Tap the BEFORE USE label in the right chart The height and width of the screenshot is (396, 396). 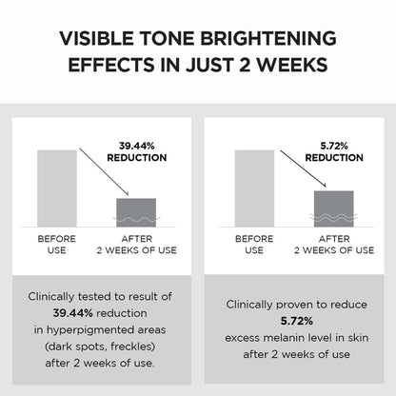254,245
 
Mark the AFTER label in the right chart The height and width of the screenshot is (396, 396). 334,239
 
